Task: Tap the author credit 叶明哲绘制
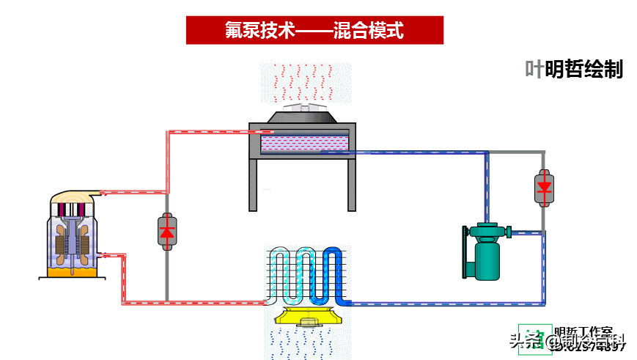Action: tap(574, 70)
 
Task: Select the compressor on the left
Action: tap(73, 235)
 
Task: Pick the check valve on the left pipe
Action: tap(166, 231)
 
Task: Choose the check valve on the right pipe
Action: tap(543, 187)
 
